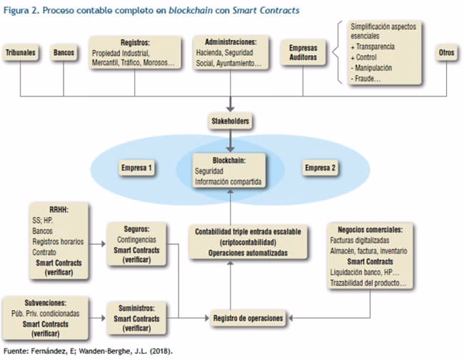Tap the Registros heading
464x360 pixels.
coord(134,42)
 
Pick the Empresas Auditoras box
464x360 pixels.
coord(303,54)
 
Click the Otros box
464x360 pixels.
coord(446,54)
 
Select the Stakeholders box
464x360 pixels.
coord(230,122)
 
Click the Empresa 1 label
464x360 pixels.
coord(138,169)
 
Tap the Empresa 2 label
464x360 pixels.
coord(322,169)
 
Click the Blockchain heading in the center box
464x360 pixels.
coord(230,161)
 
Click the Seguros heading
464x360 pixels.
coord(137,230)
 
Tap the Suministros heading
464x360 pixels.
coord(137,309)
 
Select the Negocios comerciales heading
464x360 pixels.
coord(368,230)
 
